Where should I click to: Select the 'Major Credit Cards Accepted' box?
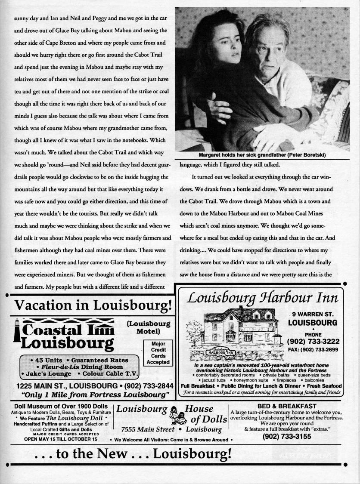[x=158, y=353]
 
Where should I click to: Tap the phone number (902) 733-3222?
[x=313, y=341]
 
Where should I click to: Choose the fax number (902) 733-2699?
[x=313, y=349]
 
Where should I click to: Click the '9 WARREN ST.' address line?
[x=313, y=314]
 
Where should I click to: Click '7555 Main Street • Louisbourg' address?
[x=171, y=429]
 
